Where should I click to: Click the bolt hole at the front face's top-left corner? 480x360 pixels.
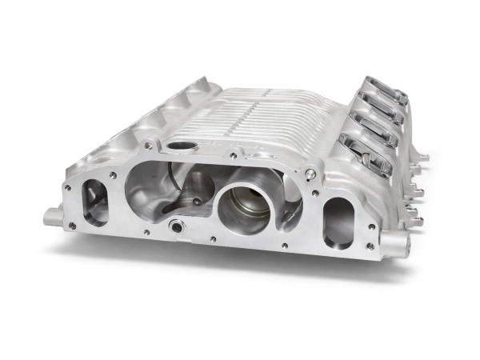(68, 188)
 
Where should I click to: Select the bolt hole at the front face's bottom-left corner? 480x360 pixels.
(73, 226)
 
